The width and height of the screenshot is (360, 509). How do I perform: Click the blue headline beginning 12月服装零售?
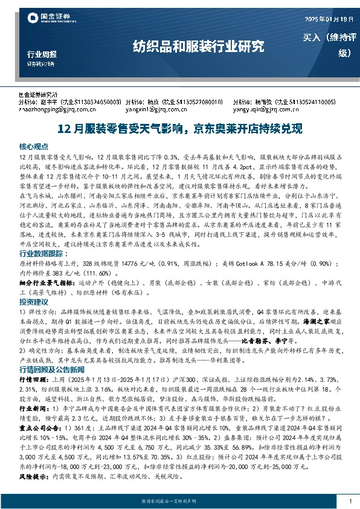(179, 129)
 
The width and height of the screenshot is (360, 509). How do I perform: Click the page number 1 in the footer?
(350, 501)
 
